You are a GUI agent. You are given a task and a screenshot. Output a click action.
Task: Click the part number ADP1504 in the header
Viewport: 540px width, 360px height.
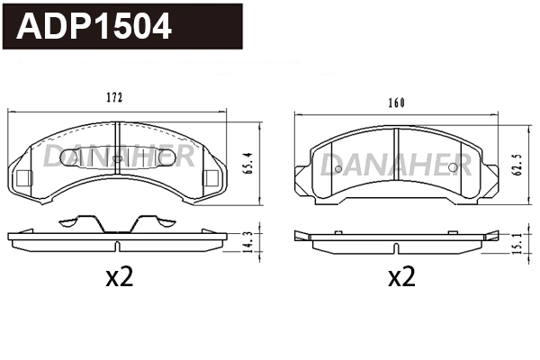click(94, 26)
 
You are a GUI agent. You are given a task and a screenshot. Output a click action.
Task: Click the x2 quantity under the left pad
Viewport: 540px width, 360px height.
click(119, 277)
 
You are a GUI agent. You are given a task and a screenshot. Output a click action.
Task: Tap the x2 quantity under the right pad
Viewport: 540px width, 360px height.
click(400, 277)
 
